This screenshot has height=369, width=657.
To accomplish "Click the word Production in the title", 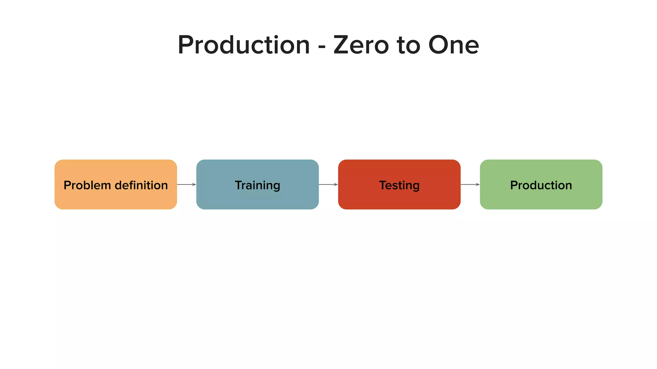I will (244, 45).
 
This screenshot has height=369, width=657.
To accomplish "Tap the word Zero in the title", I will (361, 45).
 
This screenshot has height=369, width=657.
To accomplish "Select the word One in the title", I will (453, 45).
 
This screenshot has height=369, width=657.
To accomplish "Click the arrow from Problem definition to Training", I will (186, 184).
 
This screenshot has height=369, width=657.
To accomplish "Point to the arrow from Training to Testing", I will (328, 184).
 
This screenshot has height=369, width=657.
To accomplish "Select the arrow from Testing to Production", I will (470, 184).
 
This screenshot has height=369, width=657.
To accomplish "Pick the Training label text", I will (257, 185).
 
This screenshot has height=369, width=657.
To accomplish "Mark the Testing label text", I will (399, 185).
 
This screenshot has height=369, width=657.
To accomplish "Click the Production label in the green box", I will (541, 185).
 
